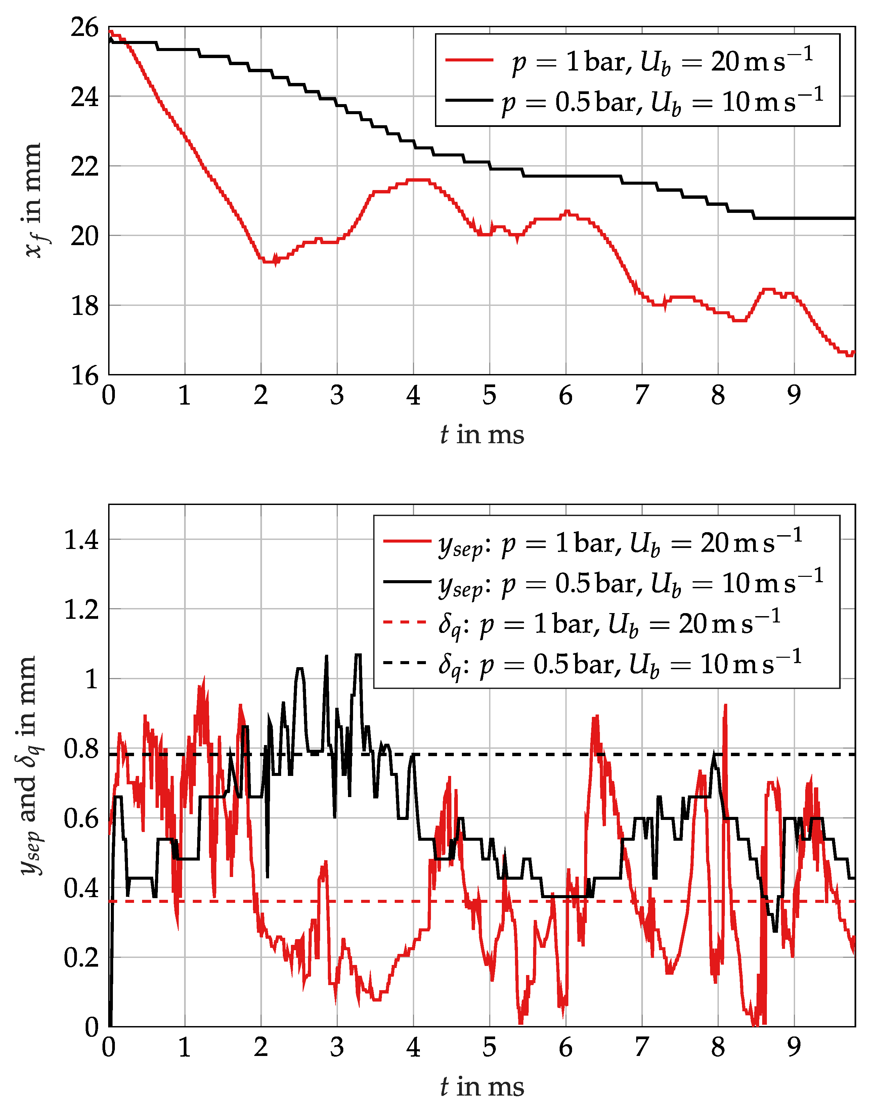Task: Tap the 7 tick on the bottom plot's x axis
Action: pyautogui.click(x=642, y=1047)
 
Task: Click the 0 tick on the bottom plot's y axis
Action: pyautogui.click(x=92, y=1027)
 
